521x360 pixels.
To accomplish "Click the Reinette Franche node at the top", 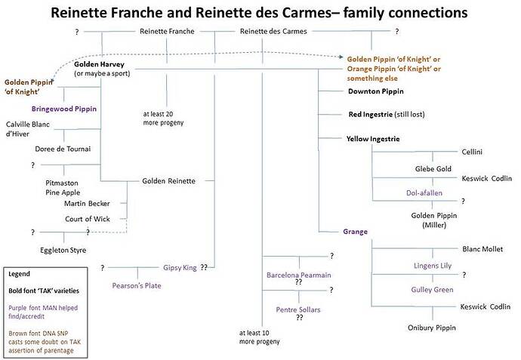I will click(167, 31).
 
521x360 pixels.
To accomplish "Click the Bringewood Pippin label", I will click(64, 109).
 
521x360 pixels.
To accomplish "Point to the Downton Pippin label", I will click(375, 91).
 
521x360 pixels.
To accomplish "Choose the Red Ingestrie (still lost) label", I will click(387, 115).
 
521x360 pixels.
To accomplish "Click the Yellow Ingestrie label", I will click(373, 139).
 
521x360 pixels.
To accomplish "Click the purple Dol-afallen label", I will click(422, 192).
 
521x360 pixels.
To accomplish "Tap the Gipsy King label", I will click(180, 267).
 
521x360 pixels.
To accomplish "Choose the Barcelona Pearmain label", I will click(299, 275).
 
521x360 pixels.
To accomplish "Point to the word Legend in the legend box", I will click(20, 274).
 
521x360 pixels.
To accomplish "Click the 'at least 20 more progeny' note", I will click(163, 118).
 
